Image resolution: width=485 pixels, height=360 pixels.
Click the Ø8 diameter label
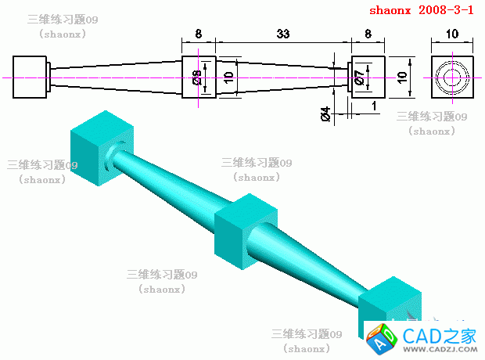click(197, 77)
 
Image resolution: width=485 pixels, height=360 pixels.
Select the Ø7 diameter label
click(358, 77)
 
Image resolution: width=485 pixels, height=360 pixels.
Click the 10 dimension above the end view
click(451, 34)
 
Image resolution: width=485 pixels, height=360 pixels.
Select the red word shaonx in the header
click(390, 11)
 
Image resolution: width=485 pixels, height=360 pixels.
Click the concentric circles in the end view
click(452, 77)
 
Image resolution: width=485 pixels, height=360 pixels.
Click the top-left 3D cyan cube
click(99, 149)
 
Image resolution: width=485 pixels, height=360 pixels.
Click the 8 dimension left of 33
click(198, 34)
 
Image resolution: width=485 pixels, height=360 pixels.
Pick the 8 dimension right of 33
click(368, 34)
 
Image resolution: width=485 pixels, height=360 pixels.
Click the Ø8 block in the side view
click(199, 77)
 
